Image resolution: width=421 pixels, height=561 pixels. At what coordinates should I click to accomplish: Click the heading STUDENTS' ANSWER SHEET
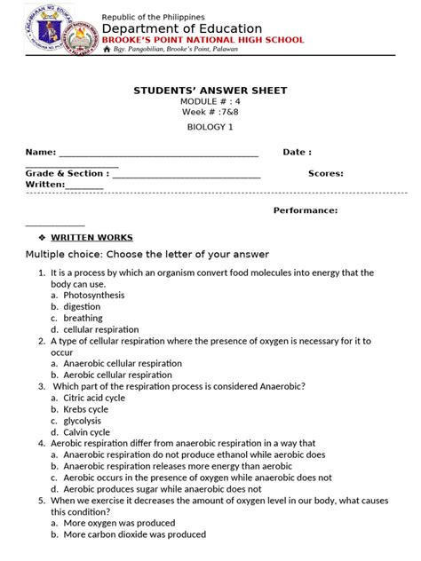(x=210, y=91)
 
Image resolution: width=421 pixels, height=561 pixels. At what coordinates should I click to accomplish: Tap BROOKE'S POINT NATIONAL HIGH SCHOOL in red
(x=203, y=40)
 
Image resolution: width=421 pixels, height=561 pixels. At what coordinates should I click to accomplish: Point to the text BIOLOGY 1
(x=210, y=128)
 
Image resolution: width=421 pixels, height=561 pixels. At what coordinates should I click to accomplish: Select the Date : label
(x=297, y=153)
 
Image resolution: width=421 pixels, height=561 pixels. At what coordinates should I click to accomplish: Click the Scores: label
(x=325, y=174)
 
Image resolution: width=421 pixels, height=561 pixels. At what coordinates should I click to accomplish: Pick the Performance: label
(x=305, y=210)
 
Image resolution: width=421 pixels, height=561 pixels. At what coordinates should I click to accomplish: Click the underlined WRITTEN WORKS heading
(x=91, y=238)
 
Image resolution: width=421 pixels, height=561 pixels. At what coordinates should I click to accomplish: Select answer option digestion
(x=83, y=306)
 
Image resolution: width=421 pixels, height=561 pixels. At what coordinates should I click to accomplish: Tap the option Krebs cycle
(x=86, y=409)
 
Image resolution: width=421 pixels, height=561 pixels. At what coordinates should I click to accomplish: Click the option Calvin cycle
(x=87, y=432)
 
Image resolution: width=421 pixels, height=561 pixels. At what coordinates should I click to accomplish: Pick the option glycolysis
(x=83, y=421)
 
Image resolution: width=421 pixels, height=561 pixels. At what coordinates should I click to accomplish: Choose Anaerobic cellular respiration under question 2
(x=123, y=363)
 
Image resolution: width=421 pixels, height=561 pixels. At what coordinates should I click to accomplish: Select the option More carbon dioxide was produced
(x=134, y=534)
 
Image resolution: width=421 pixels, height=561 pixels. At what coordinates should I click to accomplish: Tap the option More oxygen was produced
(x=118, y=523)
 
